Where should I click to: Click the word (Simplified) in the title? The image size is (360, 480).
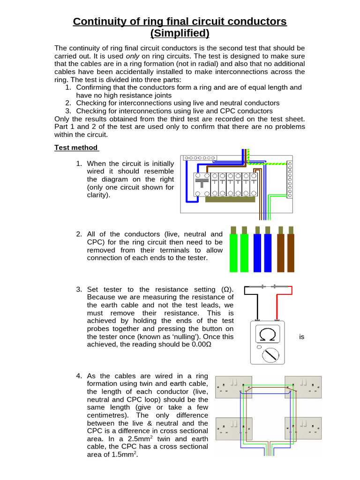click(x=180, y=33)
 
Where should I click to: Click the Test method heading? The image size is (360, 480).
click(x=76, y=148)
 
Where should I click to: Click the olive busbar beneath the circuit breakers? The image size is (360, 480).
click(x=230, y=199)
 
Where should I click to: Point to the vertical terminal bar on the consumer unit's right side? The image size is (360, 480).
click(x=290, y=180)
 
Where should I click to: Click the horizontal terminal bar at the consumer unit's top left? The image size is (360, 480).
click(x=200, y=158)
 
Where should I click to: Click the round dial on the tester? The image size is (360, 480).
click(x=269, y=355)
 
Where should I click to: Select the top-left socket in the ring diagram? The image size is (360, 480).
click(x=234, y=387)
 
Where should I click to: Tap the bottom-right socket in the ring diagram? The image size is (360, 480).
click(x=303, y=428)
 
